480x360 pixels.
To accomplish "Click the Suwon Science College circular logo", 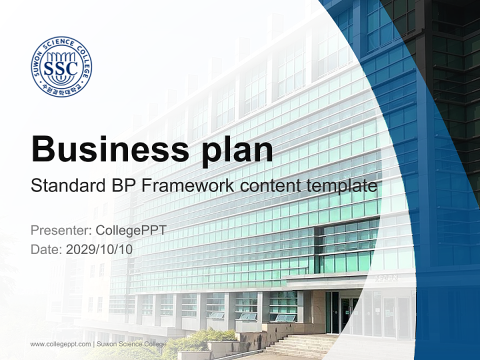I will [x=61, y=66].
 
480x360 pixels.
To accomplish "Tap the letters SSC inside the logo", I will [x=61, y=67].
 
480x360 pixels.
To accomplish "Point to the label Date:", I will [x=46, y=249].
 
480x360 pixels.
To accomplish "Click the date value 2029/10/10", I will [x=99, y=249].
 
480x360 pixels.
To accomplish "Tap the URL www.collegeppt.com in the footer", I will [x=60, y=344].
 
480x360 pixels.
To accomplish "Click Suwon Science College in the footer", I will [x=131, y=344].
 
